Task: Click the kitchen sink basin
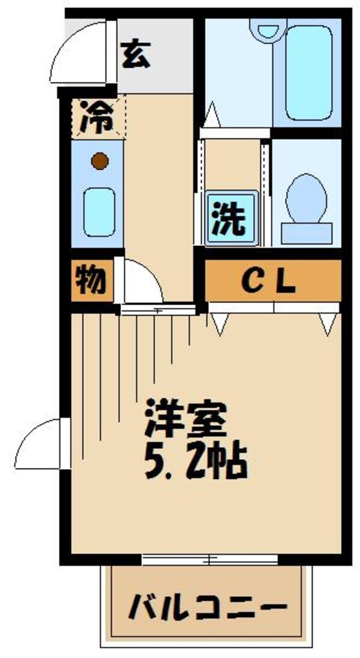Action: point(98,211)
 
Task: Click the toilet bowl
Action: point(307,196)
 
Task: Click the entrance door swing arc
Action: point(78,51)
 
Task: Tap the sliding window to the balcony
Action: point(209,560)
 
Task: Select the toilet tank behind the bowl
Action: point(307,231)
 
